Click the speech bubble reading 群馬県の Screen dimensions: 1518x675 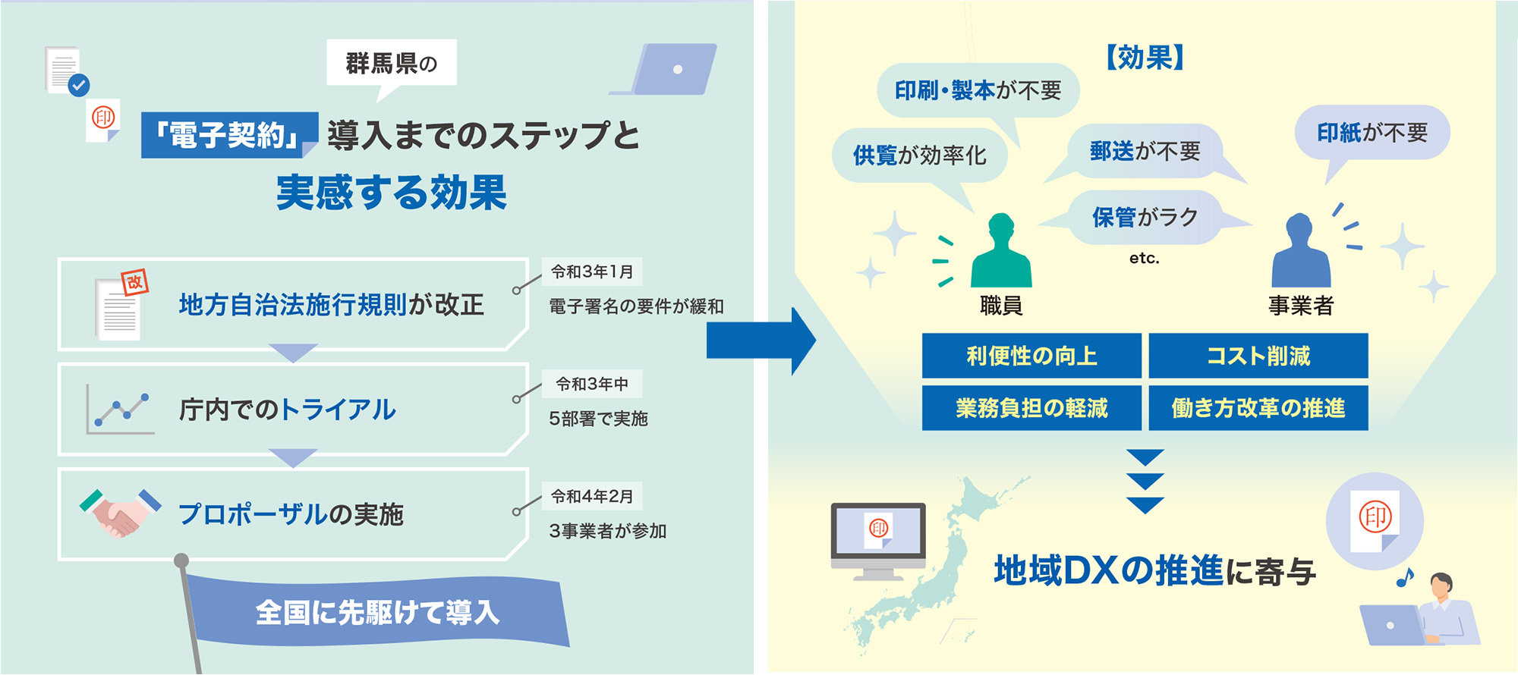[392, 64]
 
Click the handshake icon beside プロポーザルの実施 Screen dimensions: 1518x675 [120, 513]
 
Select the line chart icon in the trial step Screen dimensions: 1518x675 [120, 409]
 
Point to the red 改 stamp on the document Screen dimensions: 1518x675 [134, 282]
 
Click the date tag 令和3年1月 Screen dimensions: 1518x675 [592, 272]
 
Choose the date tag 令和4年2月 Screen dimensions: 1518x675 [592, 496]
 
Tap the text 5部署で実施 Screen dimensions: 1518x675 [598, 419]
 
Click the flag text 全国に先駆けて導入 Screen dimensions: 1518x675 [377, 612]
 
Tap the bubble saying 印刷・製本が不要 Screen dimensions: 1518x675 [978, 90]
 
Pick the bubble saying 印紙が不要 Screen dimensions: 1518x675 [1372, 133]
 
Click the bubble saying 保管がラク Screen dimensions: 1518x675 [1145, 218]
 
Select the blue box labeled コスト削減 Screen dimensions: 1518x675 [1258, 356]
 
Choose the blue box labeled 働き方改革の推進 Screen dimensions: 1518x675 [1258, 408]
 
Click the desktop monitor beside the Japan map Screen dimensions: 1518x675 [878, 541]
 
